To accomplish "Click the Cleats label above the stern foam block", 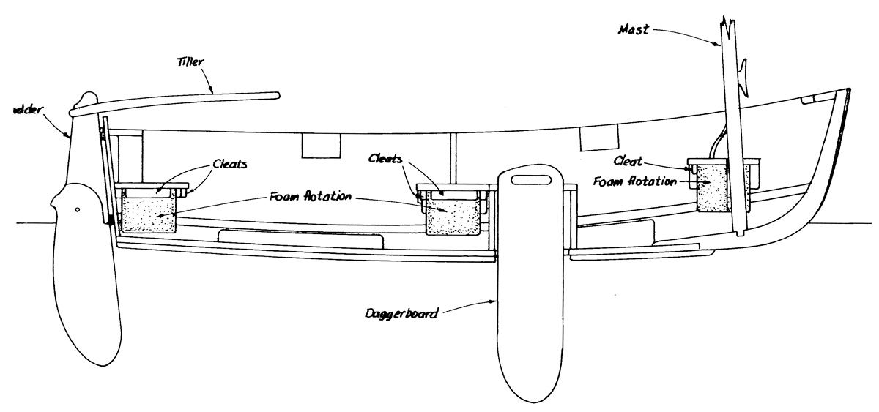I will click(x=229, y=164).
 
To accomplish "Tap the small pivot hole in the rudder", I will click(x=77, y=210).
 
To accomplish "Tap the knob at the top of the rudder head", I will click(x=86, y=100).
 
